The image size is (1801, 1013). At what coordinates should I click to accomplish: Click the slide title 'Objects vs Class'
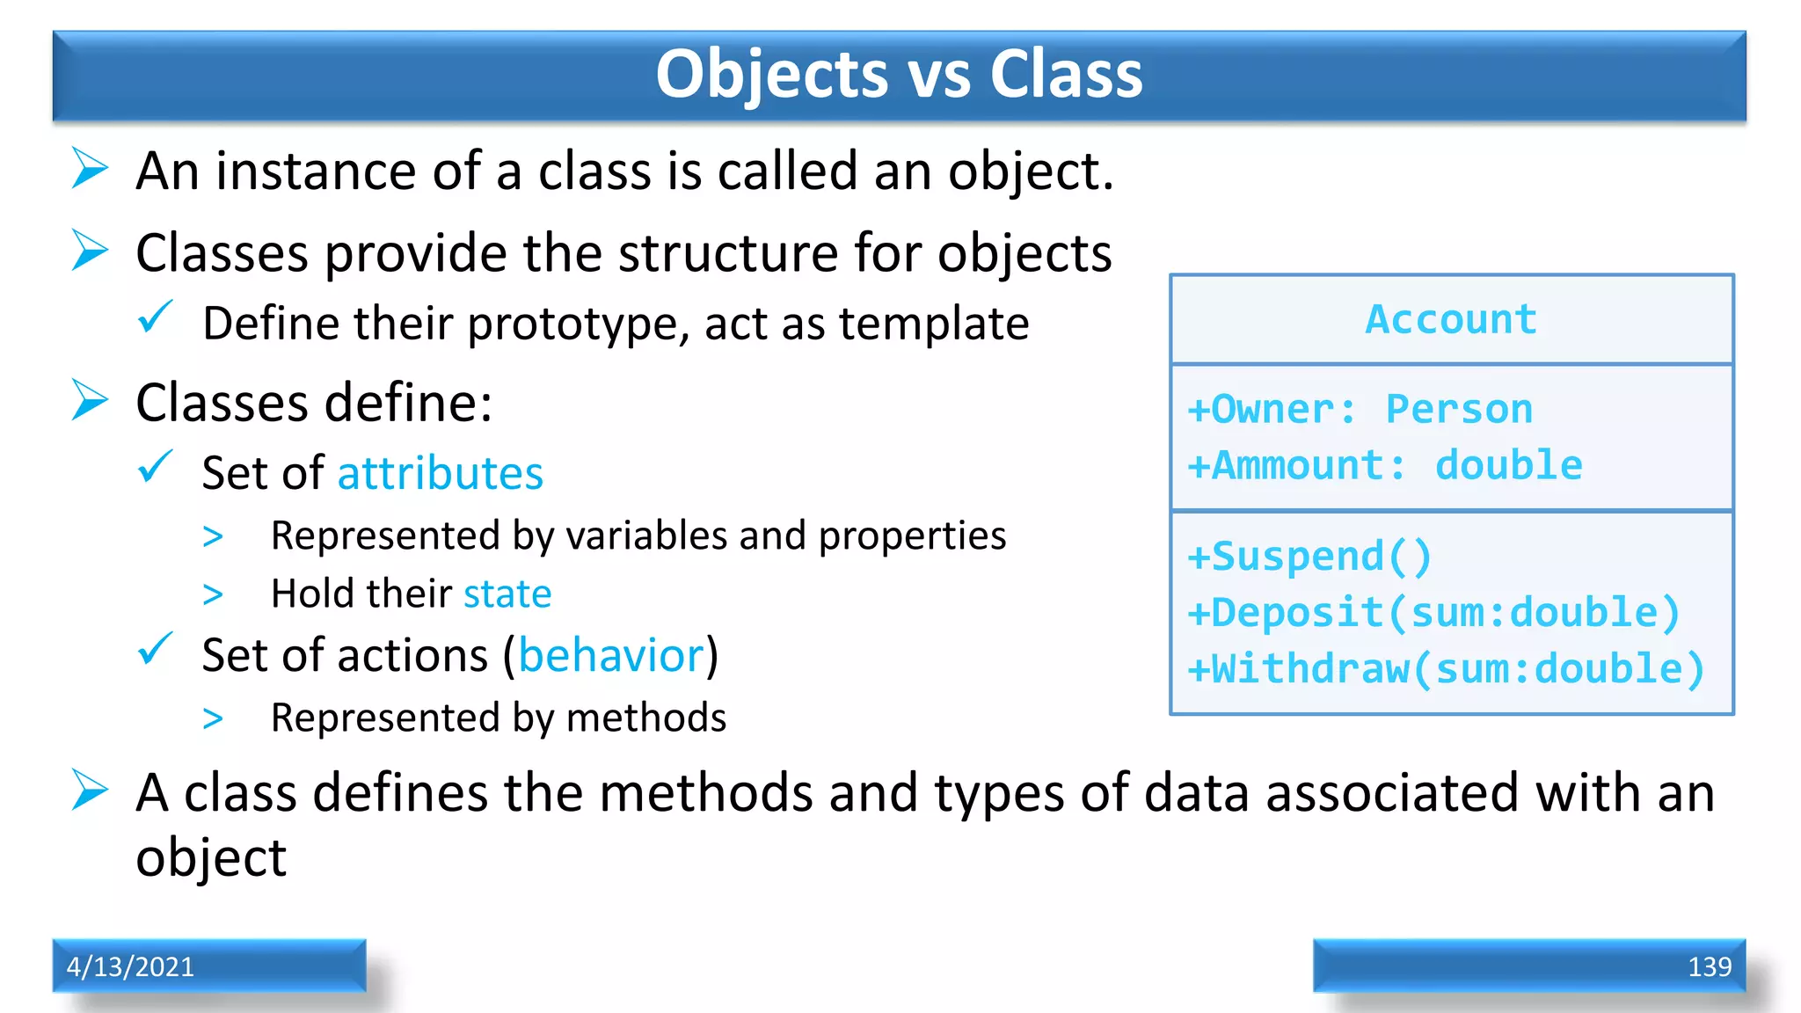click(899, 74)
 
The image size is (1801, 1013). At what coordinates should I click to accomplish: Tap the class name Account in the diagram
click(1451, 319)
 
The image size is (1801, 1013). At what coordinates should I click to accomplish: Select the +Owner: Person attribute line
click(1360, 410)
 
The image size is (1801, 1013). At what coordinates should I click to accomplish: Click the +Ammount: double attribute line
click(1385, 466)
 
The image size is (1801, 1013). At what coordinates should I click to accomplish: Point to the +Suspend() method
click(1309, 558)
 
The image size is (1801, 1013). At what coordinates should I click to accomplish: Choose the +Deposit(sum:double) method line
click(1433, 613)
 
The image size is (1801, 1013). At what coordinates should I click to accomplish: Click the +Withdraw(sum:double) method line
click(1446, 669)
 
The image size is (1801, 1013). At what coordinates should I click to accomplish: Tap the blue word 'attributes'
click(441, 474)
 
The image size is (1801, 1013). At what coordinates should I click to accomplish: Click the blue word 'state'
click(507, 594)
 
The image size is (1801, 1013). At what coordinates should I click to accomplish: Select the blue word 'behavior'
click(612, 656)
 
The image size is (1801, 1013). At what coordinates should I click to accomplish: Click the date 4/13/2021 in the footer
click(130, 966)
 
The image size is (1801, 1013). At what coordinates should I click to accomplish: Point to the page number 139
click(1709, 967)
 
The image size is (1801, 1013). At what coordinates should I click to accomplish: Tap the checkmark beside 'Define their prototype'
click(156, 317)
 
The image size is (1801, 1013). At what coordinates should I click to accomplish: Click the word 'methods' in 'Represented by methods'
click(646, 718)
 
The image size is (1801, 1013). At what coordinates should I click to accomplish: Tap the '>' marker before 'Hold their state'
click(213, 595)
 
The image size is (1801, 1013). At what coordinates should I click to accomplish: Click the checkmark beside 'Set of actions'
click(156, 650)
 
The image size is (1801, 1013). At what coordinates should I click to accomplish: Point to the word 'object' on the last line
click(211, 858)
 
